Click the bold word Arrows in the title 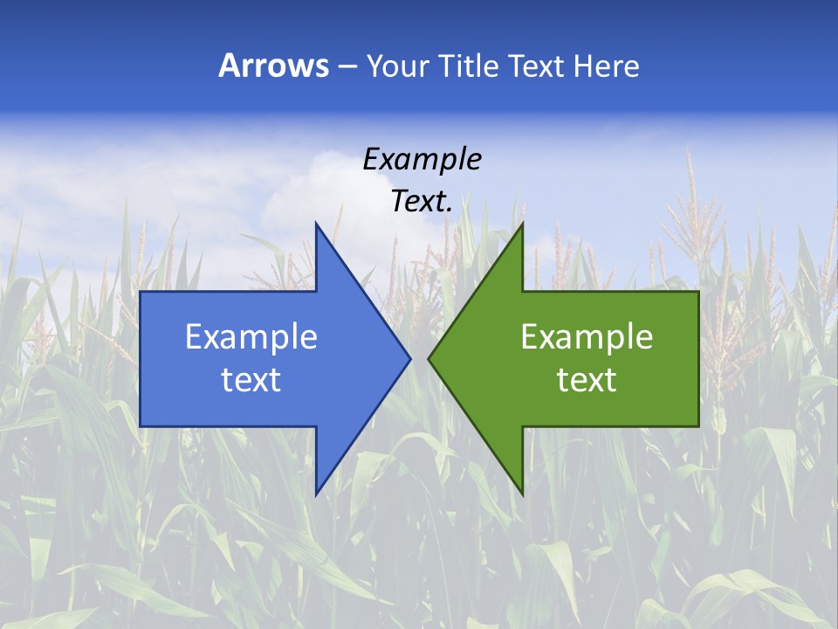pos(273,66)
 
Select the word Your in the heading pos(395,66)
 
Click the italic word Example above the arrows pos(422,160)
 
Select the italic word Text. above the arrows pos(422,201)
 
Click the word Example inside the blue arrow pos(251,337)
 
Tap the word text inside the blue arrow pos(251,380)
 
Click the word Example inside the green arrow pos(587,337)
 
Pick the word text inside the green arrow pos(587,380)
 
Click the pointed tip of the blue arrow pos(410,358)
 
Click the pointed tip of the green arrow pos(429,358)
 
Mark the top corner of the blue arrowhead pos(316,223)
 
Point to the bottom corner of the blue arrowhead pos(316,494)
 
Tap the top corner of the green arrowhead pos(522,223)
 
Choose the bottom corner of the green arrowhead pos(522,494)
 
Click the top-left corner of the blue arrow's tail pos(141,292)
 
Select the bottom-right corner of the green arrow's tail pos(698,426)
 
